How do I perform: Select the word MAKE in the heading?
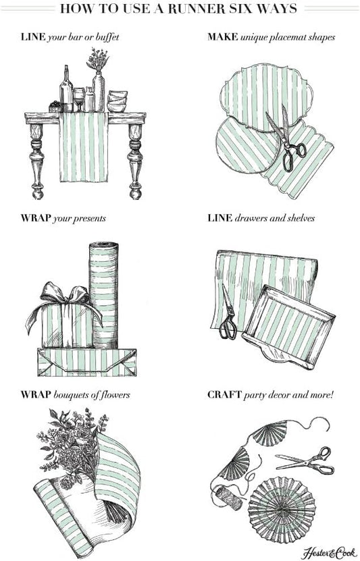pos(222,36)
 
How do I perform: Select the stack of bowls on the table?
pos(117,101)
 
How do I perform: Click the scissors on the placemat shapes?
pos(287,142)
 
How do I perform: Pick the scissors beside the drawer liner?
pos(228,314)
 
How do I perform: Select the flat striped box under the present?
pos(86,363)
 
